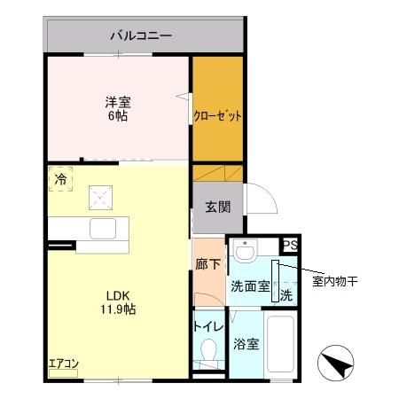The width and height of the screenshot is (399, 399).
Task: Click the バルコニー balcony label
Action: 141,36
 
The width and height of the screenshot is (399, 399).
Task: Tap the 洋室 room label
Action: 119,101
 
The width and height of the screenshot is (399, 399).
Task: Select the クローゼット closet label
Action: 217,116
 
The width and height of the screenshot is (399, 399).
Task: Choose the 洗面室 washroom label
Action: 249,286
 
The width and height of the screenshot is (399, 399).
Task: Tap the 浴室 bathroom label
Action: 247,343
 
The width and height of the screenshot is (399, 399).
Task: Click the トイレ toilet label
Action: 207,326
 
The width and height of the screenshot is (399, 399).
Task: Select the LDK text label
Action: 118,295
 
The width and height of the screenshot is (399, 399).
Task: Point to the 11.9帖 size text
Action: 118,309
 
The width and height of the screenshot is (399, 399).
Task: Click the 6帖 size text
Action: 119,115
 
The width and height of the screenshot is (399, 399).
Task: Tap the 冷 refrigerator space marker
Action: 60,180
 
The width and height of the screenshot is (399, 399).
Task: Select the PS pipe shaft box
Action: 290,246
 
